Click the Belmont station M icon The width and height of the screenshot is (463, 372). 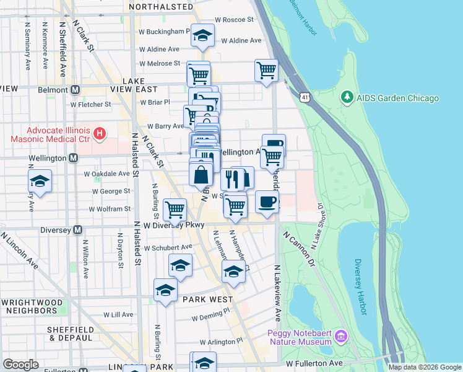76,89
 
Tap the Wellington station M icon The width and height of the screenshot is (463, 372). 74,158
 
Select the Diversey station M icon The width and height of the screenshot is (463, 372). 78,230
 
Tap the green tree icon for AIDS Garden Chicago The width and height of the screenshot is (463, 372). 347,98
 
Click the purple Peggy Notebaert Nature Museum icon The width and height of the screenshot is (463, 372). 340,337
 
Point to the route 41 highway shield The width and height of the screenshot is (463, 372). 304,97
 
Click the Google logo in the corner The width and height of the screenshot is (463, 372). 20,364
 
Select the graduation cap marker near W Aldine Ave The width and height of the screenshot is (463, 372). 202,36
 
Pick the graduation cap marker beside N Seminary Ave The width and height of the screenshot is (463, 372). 40,181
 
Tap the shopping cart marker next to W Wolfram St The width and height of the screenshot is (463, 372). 175,209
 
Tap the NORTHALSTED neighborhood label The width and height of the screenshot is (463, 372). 161,6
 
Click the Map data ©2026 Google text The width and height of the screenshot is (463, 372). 424,367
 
